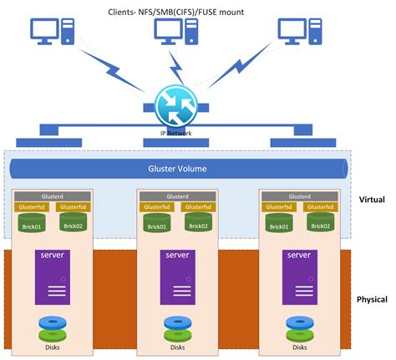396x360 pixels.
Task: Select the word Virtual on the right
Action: [370, 200]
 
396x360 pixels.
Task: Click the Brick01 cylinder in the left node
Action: [32, 224]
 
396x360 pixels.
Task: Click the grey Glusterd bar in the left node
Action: [52, 196]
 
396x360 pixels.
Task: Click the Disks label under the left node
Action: [52, 347]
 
